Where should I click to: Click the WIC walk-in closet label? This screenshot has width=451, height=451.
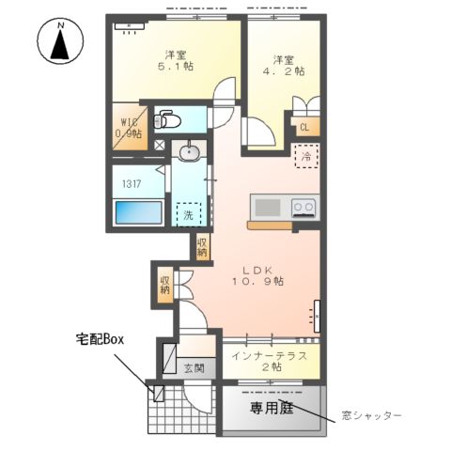click(129, 128)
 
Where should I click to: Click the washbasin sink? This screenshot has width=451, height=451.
click(190, 150)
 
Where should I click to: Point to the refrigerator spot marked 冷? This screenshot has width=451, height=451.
click(306, 156)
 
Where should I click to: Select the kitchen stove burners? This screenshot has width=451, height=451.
click(303, 206)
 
